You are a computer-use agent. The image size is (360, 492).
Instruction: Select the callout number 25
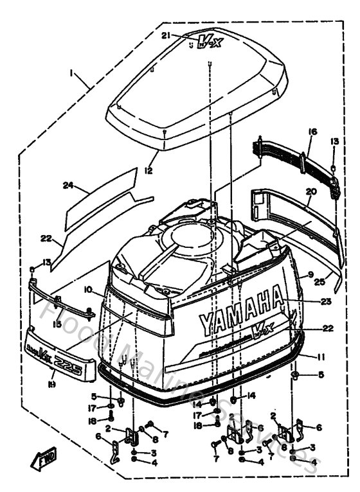point(319,280)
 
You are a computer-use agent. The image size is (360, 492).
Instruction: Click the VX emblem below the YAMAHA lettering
point(258,334)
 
